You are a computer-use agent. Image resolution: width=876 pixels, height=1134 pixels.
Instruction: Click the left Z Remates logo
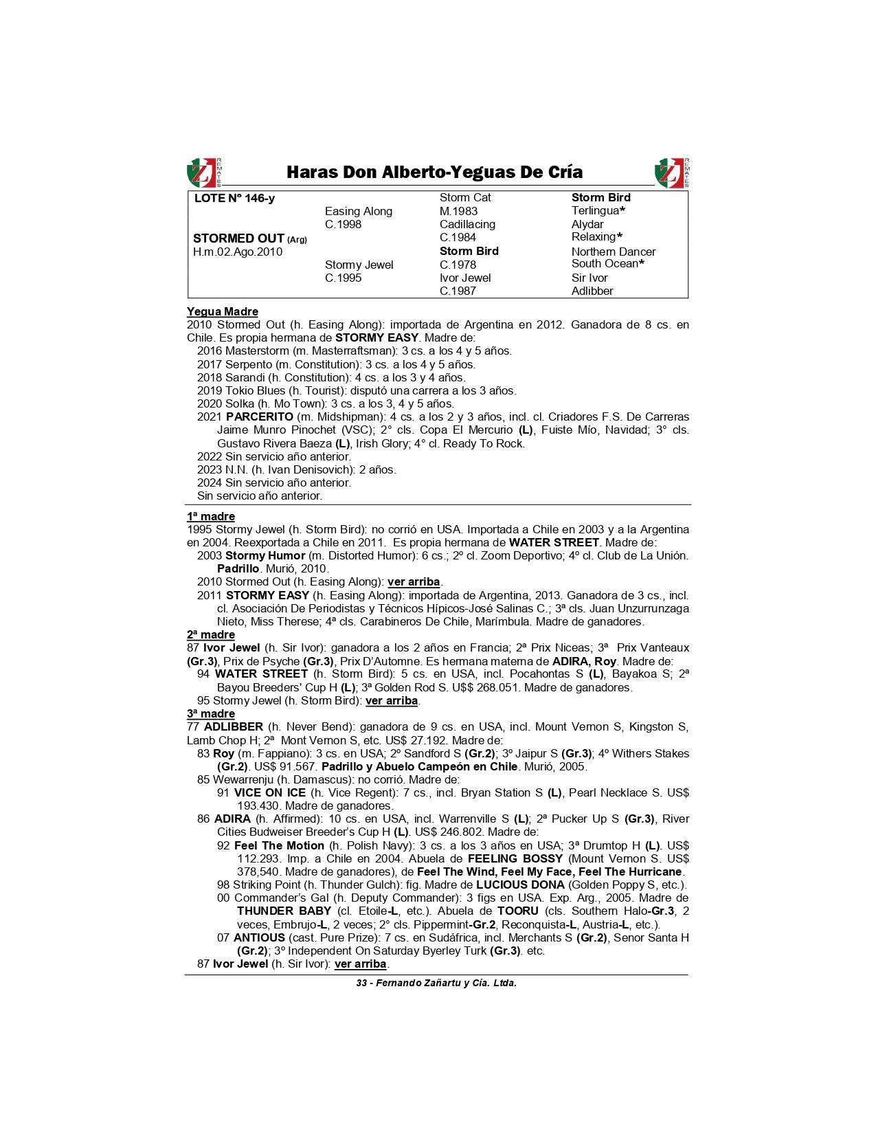pos(204,173)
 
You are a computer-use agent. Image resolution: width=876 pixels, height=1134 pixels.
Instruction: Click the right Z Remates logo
pos(671,173)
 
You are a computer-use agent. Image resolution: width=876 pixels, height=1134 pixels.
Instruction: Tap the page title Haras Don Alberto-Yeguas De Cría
pos(434,172)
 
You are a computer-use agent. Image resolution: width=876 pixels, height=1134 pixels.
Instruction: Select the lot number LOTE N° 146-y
pos(234,199)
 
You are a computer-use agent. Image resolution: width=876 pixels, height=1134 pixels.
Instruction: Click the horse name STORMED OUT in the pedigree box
pos(238,238)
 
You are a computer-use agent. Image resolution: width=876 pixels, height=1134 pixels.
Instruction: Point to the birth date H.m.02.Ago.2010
pos(238,252)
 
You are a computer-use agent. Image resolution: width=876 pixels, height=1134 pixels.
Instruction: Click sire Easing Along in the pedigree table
pos(358,212)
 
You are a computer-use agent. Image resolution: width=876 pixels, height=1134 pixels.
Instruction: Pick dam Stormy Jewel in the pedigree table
pos(359,265)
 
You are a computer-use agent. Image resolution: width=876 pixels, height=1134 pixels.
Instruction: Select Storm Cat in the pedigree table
pos(465,198)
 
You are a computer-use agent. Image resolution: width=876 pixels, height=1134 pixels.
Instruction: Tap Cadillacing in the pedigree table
pos(467,225)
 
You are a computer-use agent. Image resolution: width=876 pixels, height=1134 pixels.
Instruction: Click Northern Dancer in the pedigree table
pos(613,252)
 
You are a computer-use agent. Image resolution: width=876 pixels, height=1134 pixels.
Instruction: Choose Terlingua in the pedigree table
pos(595,211)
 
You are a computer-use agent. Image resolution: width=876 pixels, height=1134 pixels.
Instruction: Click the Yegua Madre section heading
pos(223,312)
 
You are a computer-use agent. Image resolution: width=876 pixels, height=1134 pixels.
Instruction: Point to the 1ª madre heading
pos(211,517)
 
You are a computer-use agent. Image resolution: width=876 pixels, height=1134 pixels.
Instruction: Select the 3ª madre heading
pos(211,714)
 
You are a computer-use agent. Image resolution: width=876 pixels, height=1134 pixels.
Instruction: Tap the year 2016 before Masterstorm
pos(210,351)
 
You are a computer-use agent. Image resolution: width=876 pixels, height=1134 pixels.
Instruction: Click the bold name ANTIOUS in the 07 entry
pos(259,938)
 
